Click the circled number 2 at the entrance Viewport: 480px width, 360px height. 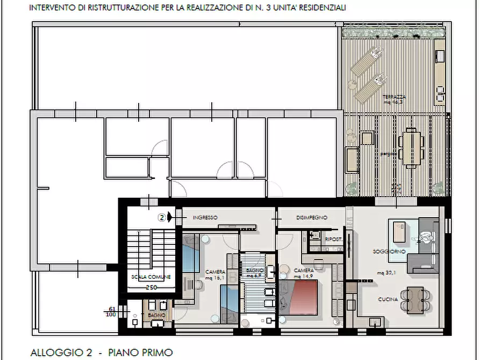pyautogui.click(x=161, y=218)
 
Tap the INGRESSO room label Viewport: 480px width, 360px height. pyautogui.click(x=205, y=218)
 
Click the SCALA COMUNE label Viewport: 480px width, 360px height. pyautogui.click(x=151, y=277)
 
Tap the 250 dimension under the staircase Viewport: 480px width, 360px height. pyautogui.click(x=151, y=287)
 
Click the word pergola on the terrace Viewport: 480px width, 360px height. pyautogui.click(x=389, y=154)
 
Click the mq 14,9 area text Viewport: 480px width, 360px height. pyautogui.click(x=304, y=276)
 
